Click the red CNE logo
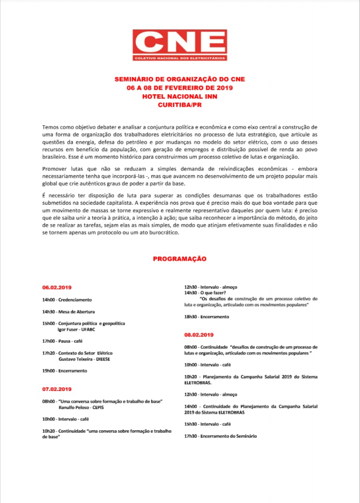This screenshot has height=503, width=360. coord(180,45)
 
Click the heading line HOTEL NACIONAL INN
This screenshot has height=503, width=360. coord(180,97)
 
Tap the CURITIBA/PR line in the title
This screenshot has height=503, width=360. coord(180,105)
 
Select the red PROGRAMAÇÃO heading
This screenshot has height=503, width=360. coord(180,258)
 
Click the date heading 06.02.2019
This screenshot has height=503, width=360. coord(57,287)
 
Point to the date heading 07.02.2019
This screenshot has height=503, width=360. coord(57,389)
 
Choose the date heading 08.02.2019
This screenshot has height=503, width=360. coord(199,335)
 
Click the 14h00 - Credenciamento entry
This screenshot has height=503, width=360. coord(67,299)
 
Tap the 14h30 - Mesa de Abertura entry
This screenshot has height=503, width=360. coord(68,311)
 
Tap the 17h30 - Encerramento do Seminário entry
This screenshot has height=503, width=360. coord(220,436)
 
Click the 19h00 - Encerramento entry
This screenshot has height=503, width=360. coord(64,371)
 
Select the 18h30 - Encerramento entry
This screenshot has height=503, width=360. coord(206,317)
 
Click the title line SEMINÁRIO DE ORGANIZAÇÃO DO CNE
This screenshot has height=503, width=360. coord(180,79)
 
